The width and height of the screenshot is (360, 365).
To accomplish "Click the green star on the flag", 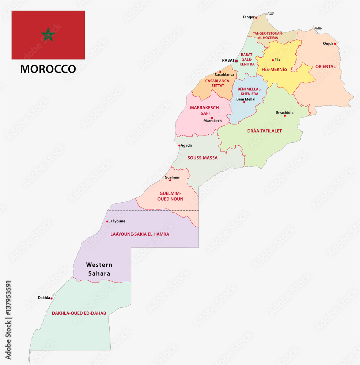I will (48, 35).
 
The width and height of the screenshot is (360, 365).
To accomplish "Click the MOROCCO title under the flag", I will (48, 69).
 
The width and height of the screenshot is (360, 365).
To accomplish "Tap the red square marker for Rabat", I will (236, 61).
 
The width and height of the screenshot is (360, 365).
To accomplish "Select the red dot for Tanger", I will (256, 18).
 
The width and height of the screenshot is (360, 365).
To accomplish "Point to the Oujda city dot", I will (335, 44).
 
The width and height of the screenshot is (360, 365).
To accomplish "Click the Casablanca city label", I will (224, 74).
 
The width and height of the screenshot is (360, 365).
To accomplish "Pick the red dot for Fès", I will (273, 60).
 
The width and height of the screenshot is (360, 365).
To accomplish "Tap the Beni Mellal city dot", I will (244, 102).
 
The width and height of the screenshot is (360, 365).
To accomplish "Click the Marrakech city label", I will (212, 121).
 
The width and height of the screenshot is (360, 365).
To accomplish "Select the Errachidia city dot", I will (285, 116).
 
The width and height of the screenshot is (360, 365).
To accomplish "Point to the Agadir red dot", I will (179, 146).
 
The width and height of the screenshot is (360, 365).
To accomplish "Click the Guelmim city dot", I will (170, 180).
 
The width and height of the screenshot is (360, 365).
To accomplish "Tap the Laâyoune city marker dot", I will (107, 222).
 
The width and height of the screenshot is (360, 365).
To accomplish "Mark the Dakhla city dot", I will (52, 298).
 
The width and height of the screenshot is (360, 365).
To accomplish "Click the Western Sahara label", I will (99, 269).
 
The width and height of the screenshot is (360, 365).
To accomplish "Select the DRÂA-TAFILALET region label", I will (264, 131).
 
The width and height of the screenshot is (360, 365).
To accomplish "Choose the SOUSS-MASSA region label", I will (202, 158).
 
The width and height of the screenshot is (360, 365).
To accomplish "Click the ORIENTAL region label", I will (325, 67).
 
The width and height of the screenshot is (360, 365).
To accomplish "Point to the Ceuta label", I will (271, 13).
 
